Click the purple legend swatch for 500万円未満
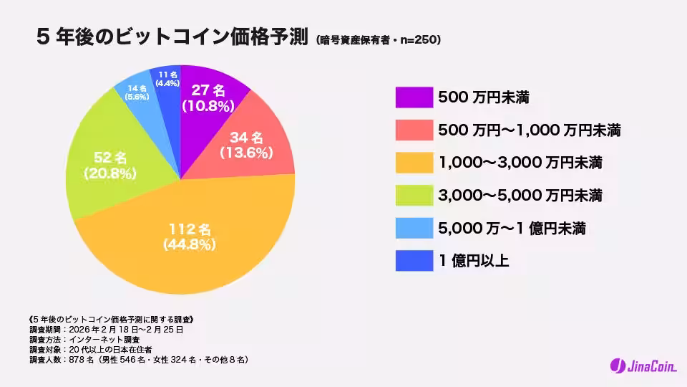click(414, 97)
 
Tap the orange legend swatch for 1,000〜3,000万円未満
click(414, 163)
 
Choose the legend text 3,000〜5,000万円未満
click(519, 196)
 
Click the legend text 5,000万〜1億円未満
click(511, 229)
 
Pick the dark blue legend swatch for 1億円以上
click(414, 261)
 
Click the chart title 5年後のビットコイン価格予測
click(172, 37)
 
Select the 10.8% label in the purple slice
click(208, 106)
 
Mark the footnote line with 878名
click(139, 359)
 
